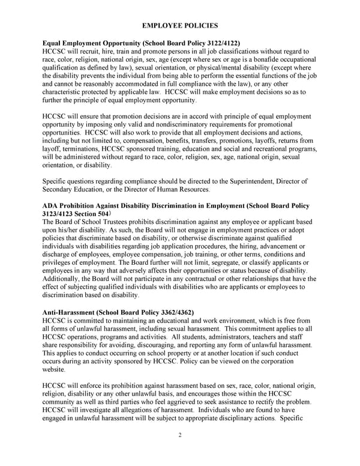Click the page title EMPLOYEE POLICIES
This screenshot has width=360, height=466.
pos(179,26)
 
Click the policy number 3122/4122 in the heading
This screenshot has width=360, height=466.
pos(220,43)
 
